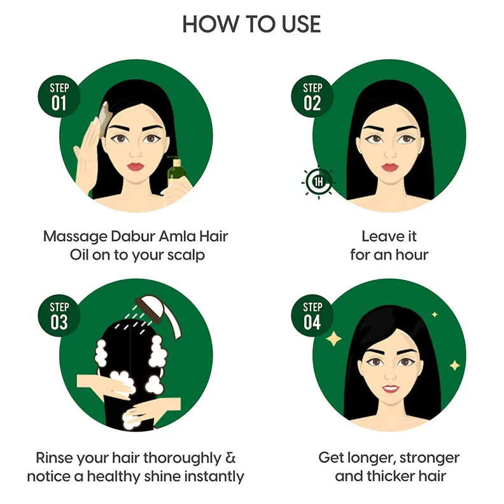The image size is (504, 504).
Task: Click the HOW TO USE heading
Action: [251, 24]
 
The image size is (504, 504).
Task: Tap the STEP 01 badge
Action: [59, 97]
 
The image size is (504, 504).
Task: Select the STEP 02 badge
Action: [312, 97]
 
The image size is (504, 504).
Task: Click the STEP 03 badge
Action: [59, 316]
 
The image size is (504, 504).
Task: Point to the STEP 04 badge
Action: [312, 316]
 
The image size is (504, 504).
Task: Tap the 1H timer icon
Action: [319, 182]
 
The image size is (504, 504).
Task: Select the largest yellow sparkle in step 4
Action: [334, 339]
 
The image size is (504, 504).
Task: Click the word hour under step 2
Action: [412, 255]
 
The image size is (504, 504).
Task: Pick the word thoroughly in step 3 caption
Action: [182, 458]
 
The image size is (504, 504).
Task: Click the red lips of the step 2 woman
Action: [389, 167]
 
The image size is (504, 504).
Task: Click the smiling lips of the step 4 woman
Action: [390, 389]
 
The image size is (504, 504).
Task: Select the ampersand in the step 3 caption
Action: [230, 458]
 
